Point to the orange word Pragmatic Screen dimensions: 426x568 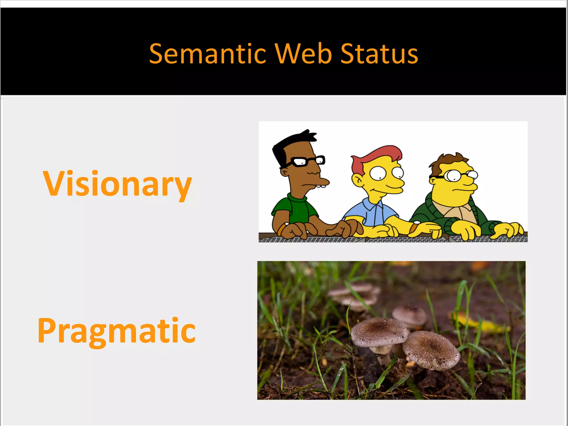[x=116, y=331]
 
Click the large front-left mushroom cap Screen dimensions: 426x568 [x=379, y=332]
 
